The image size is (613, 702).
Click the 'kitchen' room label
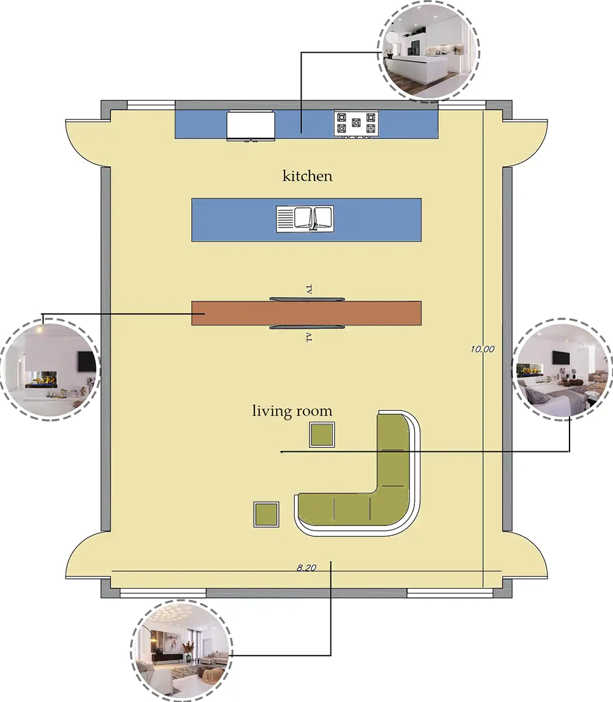[307, 176]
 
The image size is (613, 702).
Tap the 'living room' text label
[292, 411]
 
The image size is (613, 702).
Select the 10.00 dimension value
[482, 349]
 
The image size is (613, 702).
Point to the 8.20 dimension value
[306, 568]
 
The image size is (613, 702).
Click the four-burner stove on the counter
[356, 123]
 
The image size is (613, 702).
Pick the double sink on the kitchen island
[305, 218]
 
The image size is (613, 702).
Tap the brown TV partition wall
[306, 313]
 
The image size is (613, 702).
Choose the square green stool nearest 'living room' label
[322, 435]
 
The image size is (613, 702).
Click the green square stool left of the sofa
[267, 514]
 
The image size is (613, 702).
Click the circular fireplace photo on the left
[51, 369]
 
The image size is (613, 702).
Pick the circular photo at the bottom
[181, 651]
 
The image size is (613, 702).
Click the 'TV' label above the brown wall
[308, 289]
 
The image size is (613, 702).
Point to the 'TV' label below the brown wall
[308, 337]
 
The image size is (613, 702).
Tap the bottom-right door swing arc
[526, 554]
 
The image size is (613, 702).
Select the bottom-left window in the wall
[163, 593]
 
